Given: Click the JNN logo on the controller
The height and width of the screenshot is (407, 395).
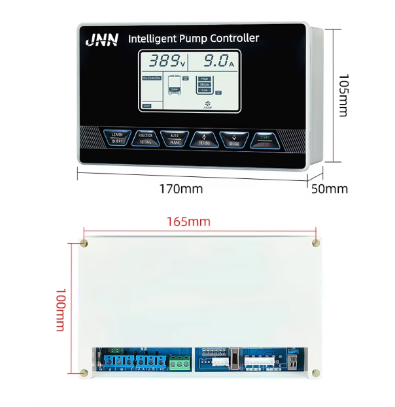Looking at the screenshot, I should [102, 41].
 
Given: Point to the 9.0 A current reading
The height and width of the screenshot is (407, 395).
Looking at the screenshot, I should [213, 62].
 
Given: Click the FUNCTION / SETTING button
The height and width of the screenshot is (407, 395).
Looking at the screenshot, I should [145, 138].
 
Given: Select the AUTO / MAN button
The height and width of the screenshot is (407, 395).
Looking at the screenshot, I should [175, 138].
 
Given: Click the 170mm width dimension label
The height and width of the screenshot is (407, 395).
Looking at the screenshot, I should [181, 189].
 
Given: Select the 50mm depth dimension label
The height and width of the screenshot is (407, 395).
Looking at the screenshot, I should [329, 189].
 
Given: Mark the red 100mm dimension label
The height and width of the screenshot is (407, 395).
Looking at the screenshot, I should [60, 310].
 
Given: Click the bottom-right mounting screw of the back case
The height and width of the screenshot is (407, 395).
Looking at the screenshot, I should [316, 373].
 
